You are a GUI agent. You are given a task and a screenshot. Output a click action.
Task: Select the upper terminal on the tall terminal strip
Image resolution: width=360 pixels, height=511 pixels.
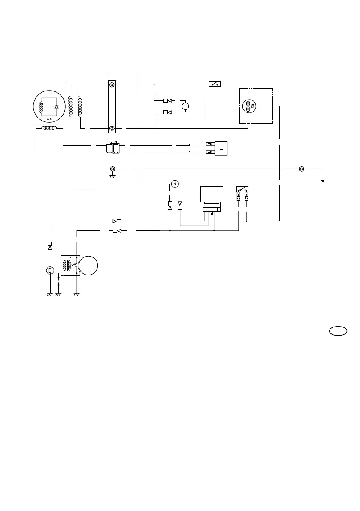pos(112,85)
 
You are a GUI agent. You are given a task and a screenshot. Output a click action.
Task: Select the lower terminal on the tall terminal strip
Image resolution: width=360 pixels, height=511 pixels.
pos(112,128)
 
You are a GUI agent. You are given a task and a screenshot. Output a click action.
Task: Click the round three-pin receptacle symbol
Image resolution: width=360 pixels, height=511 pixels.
pos(249,106)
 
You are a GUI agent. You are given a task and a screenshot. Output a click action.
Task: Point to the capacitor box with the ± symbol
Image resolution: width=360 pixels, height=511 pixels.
pos(221,148)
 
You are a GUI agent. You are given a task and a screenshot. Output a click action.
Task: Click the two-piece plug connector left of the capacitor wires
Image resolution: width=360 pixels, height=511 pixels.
pos(112,148)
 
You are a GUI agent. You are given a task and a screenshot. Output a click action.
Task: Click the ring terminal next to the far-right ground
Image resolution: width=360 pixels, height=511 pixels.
pos(302,169)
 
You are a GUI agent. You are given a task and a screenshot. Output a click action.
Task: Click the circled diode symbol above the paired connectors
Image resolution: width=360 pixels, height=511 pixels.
pos(174,184)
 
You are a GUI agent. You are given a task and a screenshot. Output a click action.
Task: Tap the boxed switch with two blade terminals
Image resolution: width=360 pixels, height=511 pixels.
pos(242,190)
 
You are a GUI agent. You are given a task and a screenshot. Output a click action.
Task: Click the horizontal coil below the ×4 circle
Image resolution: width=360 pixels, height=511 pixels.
pos(48,128)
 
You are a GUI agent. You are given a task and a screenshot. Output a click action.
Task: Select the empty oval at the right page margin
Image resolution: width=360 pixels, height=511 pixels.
pos(338,331)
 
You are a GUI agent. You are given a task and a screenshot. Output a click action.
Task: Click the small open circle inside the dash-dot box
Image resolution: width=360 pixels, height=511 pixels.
pos(186,106)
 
